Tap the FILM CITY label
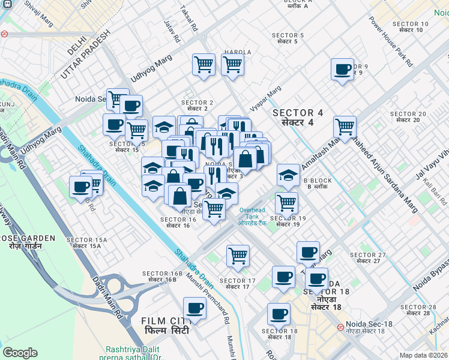coord(166,326)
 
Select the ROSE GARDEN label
coord(28,242)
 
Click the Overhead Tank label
coord(252,216)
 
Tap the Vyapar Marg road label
coord(266,98)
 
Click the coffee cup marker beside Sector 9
coord(342,69)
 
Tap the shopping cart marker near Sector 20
coord(345,127)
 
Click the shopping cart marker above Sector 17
coord(238,255)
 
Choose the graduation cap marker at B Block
coord(289,175)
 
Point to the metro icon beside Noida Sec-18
coord(340,328)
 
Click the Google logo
coord(20,353)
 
